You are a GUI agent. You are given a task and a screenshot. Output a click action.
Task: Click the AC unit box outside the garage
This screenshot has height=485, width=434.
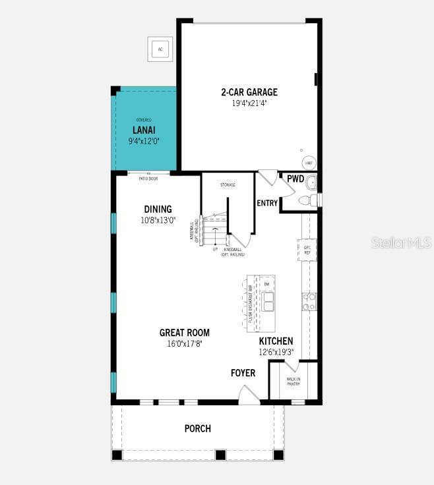pyautogui.click(x=160, y=49)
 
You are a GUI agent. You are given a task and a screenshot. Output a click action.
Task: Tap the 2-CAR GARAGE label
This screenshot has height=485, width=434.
pyautogui.click(x=249, y=92)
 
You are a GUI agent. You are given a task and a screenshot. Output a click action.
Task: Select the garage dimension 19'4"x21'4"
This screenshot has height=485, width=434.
pyautogui.click(x=249, y=103)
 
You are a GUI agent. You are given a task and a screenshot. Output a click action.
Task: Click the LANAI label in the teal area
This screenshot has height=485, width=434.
pyautogui.click(x=143, y=130)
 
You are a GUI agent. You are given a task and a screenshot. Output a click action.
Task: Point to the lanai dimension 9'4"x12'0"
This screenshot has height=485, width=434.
pyautogui.click(x=143, y=140)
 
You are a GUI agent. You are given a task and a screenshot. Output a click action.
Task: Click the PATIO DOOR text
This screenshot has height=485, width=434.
pyautogui.click(x=148, y=179)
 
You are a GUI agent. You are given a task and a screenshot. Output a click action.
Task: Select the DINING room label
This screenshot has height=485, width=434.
pyautogui.click(x=158, y=209)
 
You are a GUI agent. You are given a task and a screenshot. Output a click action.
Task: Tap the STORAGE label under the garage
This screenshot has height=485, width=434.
pyautogui.click(x=228, y=185)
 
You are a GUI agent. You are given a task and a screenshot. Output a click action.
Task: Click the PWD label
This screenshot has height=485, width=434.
pyautogui.click(x=295, y=179)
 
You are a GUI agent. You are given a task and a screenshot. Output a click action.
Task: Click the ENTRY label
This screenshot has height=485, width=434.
pyautogui.click(x=267, y=203)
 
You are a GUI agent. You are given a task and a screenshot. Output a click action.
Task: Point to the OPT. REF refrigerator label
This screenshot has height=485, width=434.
pyautogui.click(x=307, y=250)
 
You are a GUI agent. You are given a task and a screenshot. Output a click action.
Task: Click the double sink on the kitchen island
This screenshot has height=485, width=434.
pyautogui.click(x=268, y=302)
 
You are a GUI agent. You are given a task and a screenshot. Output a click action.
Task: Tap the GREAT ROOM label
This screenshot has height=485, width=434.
pyautogui.click(x=184, y=333)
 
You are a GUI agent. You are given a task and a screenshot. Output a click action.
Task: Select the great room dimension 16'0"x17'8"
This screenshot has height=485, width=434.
pyautogui.click(x=184, y=343)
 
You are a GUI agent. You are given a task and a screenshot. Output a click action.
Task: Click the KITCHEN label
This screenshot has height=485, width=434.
pyautogui.click(x=276, y=341)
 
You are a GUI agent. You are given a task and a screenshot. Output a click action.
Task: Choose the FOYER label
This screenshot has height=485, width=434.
pyautogui.click(x=243, y=373)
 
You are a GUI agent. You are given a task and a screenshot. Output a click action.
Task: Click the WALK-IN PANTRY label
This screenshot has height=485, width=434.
pyautogui.click(x=294, y=382)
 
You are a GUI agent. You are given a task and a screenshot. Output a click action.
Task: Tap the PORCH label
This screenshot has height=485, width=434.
pyautogui.click(x=197, y=428)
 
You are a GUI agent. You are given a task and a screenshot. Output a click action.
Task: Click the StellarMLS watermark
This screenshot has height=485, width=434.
pyautogui.click(x=401, y=243)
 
